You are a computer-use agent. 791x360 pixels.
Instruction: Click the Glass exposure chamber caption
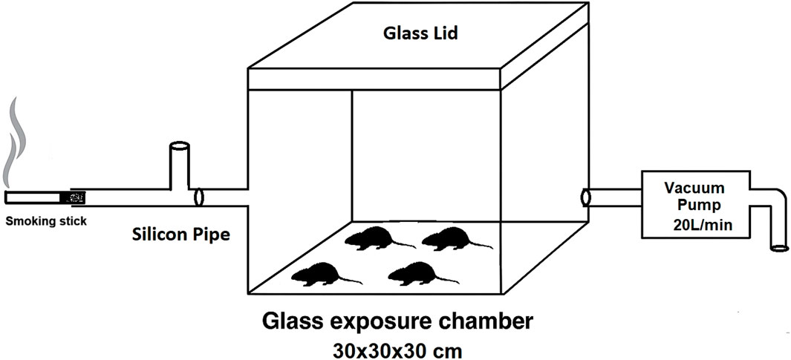pos(397,323)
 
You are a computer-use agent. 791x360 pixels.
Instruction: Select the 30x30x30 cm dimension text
pos(397,347)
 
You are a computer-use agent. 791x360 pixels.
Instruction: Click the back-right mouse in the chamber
pos(449,239)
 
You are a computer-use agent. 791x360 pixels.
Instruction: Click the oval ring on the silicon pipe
pos(198,197)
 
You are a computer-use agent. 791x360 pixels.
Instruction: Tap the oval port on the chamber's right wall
pos(585,197)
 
